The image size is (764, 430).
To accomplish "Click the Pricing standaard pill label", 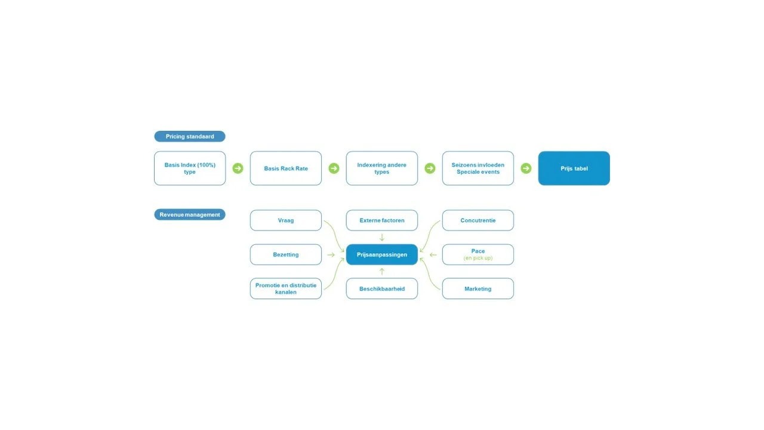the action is [190, 136].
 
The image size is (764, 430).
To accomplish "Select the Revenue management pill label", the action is [190, 214].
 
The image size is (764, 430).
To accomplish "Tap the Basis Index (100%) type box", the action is [190, 168].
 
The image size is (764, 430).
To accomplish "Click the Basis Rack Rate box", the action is [286, 168].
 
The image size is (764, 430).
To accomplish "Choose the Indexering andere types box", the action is [381, 168].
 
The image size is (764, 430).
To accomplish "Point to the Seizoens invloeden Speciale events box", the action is [478, 168].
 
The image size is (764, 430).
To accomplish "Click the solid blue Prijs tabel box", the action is [574, 168].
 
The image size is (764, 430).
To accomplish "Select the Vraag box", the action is [286, 220].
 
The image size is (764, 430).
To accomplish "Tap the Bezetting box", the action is [286, 254].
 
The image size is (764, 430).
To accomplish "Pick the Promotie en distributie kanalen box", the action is [286, 288].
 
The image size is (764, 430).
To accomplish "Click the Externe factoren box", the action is [381, 220].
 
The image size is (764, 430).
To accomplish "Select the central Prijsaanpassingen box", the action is [381, 254].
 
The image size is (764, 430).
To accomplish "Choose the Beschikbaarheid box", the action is [381, 288].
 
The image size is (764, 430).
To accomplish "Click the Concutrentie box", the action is [478, 220].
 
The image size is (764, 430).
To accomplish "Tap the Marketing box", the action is [478, 288].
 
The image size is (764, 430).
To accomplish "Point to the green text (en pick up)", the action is [478, 258].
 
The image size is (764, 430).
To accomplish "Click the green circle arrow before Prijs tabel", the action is [526, 168].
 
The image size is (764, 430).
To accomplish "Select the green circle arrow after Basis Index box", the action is [238, 168].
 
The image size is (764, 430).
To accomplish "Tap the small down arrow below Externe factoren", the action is [381, 237].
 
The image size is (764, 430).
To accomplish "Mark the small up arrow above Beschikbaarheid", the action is [381, 271].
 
